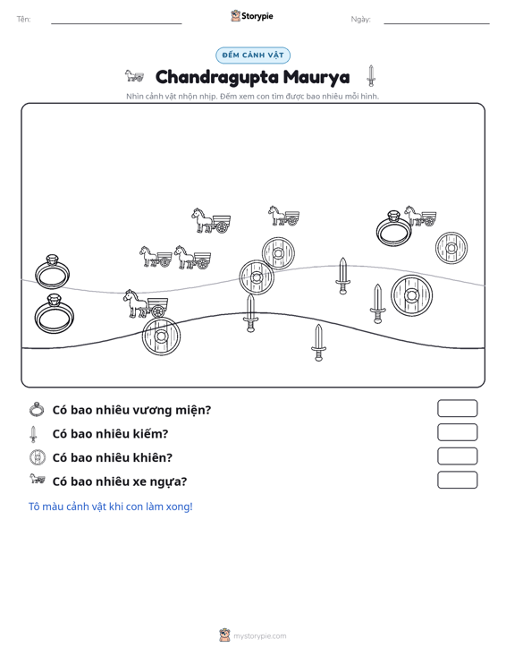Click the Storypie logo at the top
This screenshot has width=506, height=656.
252,16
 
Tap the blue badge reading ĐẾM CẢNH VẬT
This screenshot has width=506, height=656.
253,55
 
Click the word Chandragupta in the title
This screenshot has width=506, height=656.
217,77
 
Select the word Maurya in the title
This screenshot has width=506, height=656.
316,77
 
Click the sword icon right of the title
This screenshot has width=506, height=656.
371,76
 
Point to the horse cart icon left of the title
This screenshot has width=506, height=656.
134,76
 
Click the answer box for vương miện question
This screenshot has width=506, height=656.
457,408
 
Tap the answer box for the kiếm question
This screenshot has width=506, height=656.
457,432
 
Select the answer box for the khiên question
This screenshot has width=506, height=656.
457,456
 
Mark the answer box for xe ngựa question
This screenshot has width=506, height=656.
457,480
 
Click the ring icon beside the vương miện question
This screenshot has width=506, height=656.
37,409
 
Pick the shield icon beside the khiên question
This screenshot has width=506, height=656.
38,456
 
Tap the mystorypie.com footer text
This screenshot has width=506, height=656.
259,636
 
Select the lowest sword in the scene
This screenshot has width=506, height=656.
318,343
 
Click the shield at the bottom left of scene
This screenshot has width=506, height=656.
161,337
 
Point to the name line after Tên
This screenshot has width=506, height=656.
116,23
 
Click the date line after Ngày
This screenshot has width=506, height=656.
436,23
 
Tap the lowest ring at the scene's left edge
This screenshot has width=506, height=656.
55,314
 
